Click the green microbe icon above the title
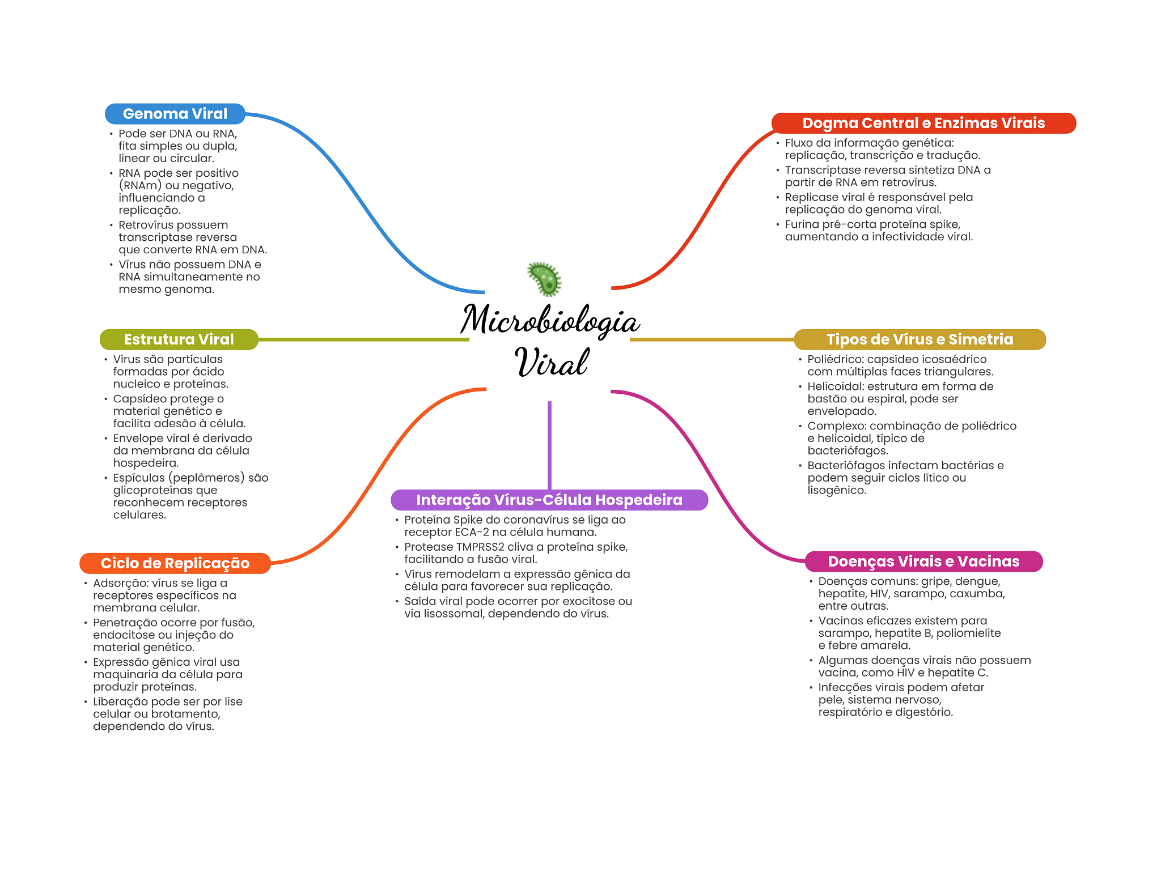tap(545, 279)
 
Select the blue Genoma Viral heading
tap(175, 114)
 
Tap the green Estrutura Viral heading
tap(179, 339)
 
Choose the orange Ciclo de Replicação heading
tap(175, 563)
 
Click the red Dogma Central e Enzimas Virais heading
tap(923, 123)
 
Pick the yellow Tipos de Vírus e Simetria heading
tap(920, 339)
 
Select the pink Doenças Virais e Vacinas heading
tap(923, 562)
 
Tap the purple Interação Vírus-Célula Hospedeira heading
tap(549, 500)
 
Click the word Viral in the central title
tap(552, 362)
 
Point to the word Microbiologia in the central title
tap(550, 321)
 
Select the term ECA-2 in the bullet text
tap(472, 532)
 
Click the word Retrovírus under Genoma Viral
tap(146, 225)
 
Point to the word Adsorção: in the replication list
tap(121, 583)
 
